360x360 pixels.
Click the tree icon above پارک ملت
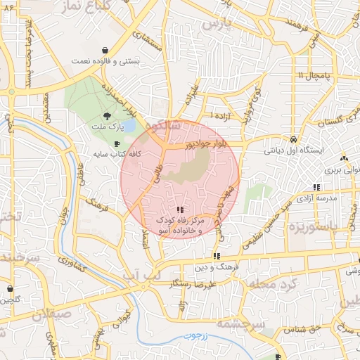106,115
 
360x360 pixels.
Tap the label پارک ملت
106,127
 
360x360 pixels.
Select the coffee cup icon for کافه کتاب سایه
117,143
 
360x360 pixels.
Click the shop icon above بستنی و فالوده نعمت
105,51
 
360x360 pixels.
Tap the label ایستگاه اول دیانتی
293,150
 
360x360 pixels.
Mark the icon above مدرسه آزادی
317,187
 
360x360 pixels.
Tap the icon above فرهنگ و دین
217,256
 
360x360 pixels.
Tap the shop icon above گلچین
11,288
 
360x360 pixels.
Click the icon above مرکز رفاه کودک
181,210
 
